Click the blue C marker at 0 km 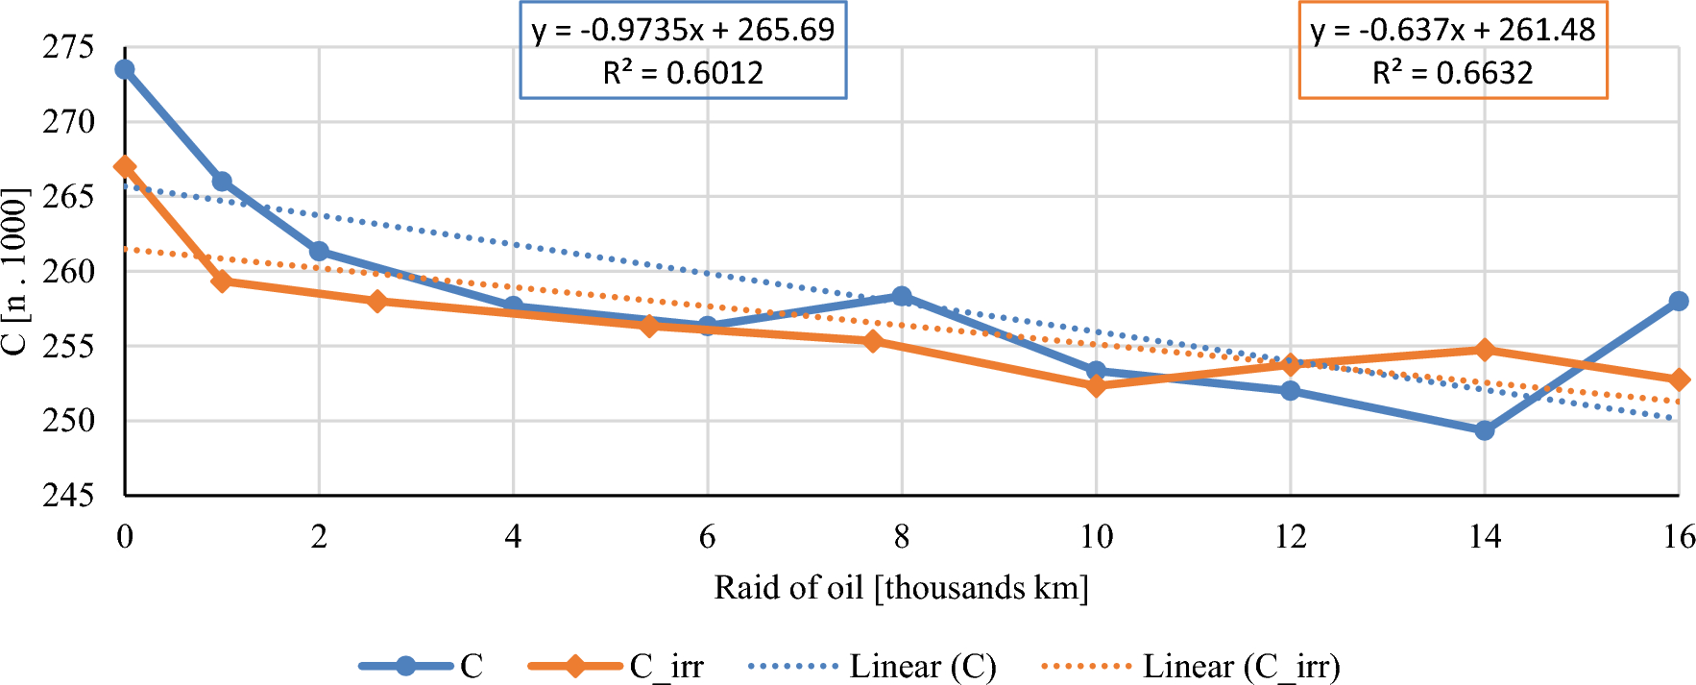coord(125,69)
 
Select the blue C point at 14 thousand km coord(1485,430)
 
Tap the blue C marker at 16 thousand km coord(1679,301)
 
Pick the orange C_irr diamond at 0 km coord(125,167)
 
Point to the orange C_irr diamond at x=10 coord(1097,385)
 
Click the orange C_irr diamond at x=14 coord(1485,350)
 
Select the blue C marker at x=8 coord(902,296)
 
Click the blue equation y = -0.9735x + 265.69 coord(683,30)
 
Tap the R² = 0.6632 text coord(1452,73)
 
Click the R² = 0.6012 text coord(683,73)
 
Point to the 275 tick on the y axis coord(68,47)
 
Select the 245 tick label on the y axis coord(68,496)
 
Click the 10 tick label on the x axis coord(1097,536)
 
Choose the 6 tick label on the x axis coord(708,536)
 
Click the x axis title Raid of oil coord(901,587)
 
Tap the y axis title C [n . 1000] coord(14,271)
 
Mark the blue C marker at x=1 coord(222,182)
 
